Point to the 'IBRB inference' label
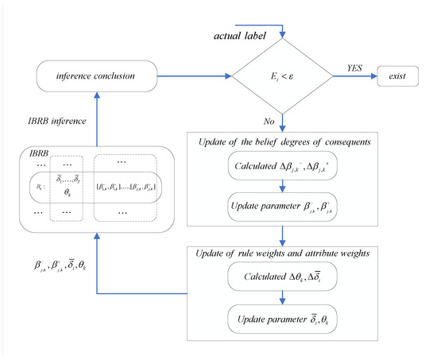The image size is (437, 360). point(56,122)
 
